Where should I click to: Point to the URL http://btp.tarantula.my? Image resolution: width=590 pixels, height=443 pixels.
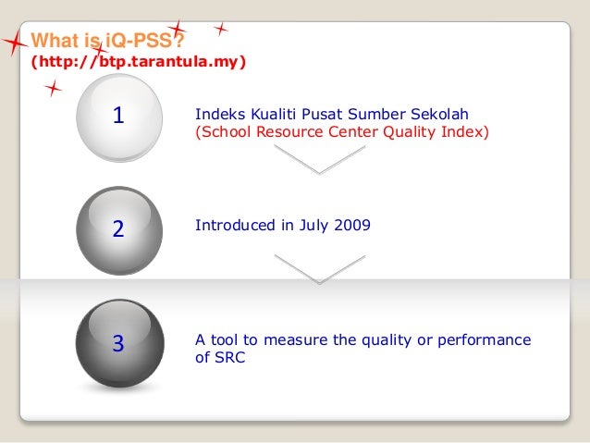(139, 63)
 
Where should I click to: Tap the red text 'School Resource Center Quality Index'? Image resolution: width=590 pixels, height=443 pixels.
(341, 132)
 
